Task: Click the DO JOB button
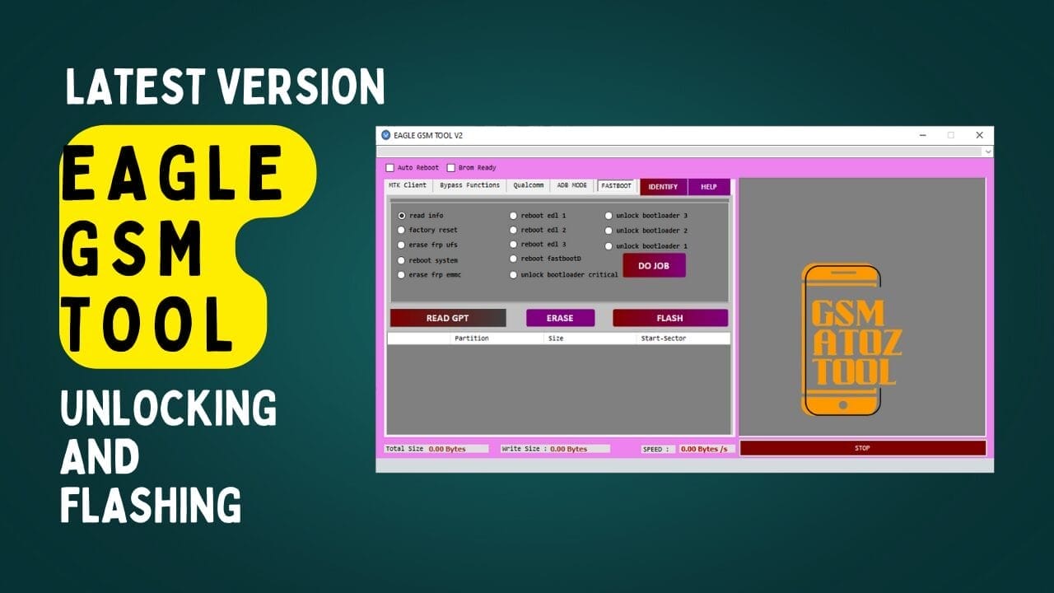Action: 654,265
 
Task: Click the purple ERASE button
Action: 559,318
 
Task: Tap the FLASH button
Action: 669,318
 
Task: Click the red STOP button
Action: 862,448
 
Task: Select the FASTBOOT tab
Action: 616,186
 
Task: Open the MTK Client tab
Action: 408,185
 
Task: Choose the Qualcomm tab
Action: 529,185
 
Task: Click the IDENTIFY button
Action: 663,187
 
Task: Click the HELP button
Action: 708,187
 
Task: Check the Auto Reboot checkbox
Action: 390,168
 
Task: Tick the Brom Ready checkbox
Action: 451,168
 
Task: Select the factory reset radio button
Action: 402,231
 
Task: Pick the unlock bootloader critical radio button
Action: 514,275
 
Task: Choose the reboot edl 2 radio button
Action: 514,231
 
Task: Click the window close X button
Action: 979,135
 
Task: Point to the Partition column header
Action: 471,339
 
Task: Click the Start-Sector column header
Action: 663,339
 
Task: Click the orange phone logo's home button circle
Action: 842,404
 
